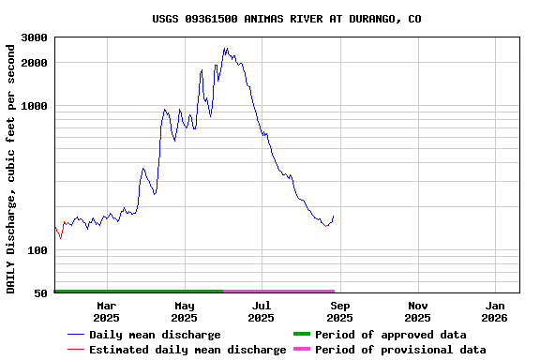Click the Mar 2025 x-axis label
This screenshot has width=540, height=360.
coord(107,311)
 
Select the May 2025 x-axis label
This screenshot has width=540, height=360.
coord(185,311)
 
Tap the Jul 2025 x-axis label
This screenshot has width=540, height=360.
coord(262,311)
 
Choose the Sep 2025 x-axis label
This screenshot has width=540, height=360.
coord(340,311)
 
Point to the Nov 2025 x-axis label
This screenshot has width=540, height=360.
coord(418,311)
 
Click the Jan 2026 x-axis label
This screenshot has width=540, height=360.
coord(496,311)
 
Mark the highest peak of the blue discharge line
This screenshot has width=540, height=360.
coord(225,49)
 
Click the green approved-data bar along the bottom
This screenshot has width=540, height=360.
coord(139,292)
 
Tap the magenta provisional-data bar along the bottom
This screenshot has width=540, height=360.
coord(278,292)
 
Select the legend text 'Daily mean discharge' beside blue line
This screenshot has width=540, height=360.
coord(155,335)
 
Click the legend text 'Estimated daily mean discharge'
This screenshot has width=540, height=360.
coord(187,350)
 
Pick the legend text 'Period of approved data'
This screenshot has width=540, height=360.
coord(390,335)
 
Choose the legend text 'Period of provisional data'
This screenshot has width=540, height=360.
coord(400,350)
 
